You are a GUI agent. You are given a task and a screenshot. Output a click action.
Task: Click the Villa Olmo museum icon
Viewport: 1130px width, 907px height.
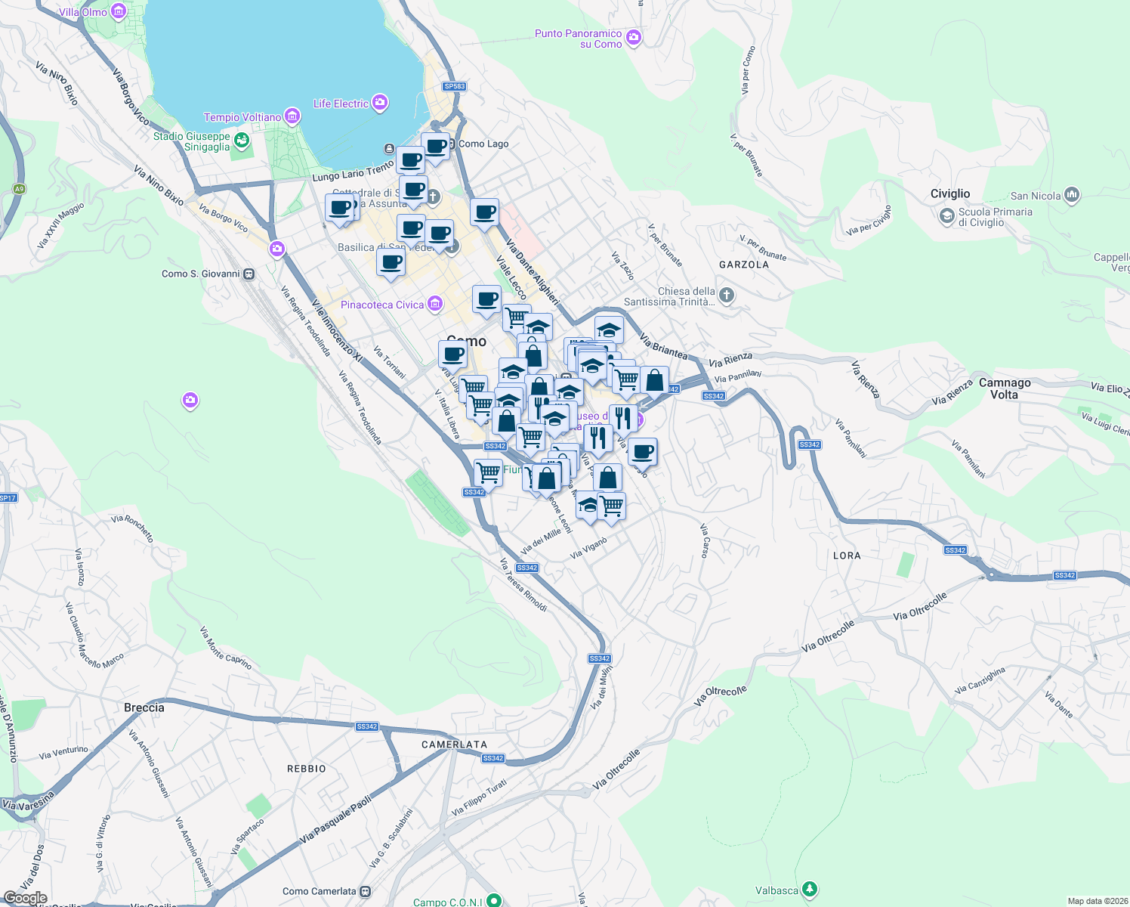[x=119, y=11]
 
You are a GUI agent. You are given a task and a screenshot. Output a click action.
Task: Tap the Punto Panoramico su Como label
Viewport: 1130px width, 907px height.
[x=578, y=39]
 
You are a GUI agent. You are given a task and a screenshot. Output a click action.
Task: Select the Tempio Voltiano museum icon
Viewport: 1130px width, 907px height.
[x=292, y=117]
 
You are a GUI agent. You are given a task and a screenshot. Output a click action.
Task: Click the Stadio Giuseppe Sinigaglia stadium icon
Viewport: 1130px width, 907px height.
[x=241, y=140]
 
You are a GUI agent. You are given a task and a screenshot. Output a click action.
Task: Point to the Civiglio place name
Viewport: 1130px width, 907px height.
[x=949, y=193]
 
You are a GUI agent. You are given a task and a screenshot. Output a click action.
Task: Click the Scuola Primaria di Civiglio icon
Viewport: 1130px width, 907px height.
[x=946, y=217]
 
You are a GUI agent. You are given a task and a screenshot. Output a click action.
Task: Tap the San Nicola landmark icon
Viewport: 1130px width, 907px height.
[x=1072, y=196]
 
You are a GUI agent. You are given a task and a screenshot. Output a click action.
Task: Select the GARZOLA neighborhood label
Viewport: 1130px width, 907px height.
[x=744, y=265]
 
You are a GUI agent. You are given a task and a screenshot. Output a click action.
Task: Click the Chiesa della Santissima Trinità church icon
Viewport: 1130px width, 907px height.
[x=726, y=296]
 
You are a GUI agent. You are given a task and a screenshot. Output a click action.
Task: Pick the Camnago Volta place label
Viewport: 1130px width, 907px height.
[x=1005, y=388]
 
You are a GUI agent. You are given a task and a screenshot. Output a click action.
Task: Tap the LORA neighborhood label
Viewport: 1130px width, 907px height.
[x=847, y=556]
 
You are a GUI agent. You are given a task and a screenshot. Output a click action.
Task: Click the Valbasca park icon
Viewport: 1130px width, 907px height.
[x=810, y=890]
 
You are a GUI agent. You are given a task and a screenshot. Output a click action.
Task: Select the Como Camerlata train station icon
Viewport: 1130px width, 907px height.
[x=366, y=891]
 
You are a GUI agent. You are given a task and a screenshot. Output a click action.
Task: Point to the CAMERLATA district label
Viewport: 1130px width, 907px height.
[x=454, y=744]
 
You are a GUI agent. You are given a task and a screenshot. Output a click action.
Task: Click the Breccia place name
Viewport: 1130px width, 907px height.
[x=144, y=707]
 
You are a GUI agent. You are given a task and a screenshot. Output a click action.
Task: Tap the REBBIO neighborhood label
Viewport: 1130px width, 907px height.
[x=306, y=769]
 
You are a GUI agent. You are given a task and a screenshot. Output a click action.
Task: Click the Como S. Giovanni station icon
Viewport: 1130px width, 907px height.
[x=249, y=274]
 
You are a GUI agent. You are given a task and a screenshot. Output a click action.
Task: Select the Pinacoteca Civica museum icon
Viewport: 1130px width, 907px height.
[x=434, y=305]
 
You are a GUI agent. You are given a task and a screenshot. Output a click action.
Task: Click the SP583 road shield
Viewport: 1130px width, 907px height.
[x=455, y=86]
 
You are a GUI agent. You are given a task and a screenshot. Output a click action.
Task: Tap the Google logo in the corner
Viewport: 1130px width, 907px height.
[x=25, y=898]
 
